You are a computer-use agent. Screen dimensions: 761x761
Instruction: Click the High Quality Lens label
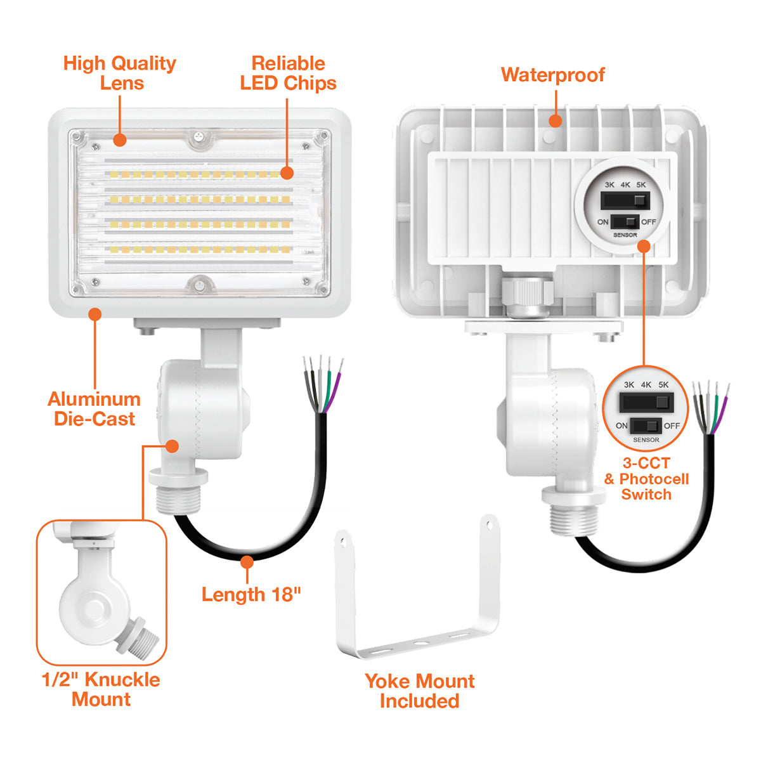[119, 73]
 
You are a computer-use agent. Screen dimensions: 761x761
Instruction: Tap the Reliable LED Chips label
[288, 73]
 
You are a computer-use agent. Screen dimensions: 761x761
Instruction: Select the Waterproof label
[552, 75]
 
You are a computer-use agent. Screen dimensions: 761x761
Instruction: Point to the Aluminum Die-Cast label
[94, 409]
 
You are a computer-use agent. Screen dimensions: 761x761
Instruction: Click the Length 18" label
[251, 594]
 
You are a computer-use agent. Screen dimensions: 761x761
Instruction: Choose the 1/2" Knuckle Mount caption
[101, 689]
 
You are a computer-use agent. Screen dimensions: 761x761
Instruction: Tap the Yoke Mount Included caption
[419, 691]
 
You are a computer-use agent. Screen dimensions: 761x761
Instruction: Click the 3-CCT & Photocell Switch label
[646, 479]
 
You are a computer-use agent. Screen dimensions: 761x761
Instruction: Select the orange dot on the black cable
[247, 561]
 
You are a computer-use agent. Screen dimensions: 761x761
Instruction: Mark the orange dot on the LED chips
[287, 172]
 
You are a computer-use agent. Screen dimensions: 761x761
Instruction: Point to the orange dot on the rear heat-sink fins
[556, 120]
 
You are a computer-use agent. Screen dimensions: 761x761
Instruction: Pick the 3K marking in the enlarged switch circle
[629, 385]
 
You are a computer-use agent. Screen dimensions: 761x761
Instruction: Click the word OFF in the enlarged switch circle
[672, 426]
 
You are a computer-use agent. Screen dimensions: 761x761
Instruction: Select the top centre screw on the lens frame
[199, 135]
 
